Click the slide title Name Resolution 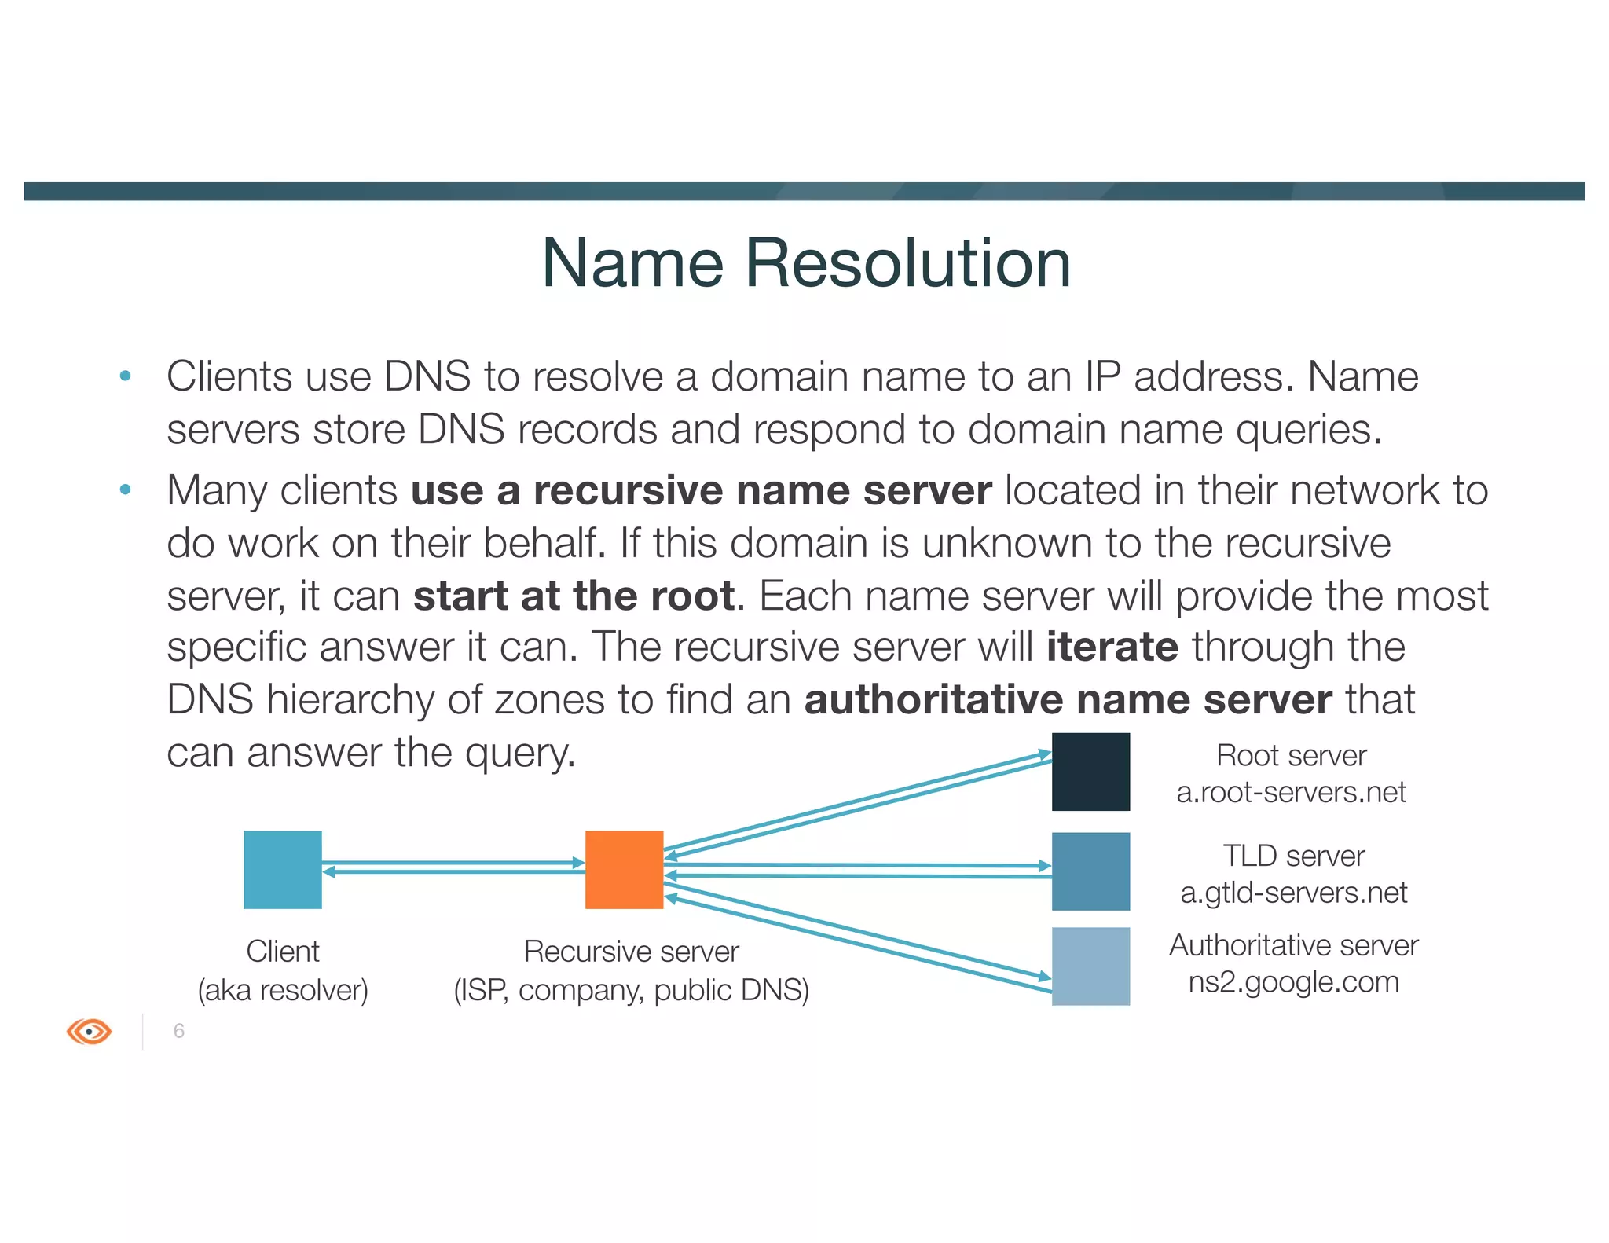point(806,263)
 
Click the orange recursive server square point(624,869)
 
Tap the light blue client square point(283,869)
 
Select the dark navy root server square point(1090,772)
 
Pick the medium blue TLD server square point(1090,871)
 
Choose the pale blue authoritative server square point(1090,966)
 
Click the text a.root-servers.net point(1291,792)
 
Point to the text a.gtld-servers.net point(1293,893)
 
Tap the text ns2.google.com point(1293,982)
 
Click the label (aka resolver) point(283,990)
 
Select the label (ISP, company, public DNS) point(631,990)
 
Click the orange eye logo point(90,1031)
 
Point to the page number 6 point(179,1031)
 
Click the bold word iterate point(1112,647)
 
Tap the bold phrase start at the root point(574,596)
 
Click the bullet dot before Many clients point(125,490)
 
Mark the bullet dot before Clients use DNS point(125,376)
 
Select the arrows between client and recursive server point(453,867)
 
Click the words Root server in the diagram point(1291,756)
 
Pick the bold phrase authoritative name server point(1068,699)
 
